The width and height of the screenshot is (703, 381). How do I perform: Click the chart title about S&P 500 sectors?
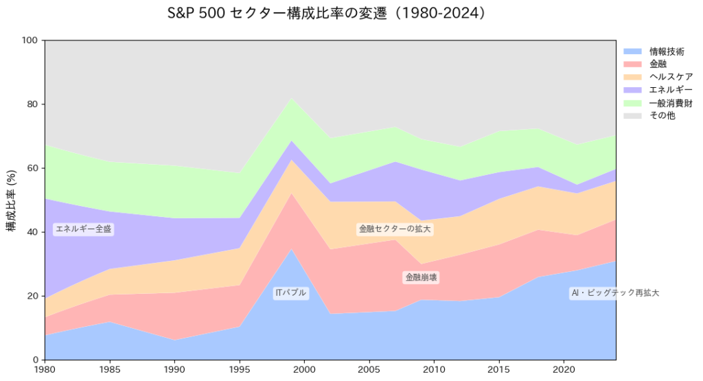pos(330,14)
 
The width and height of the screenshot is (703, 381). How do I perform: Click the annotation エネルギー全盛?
pos(83,229)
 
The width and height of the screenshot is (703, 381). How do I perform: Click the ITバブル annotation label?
pos(290,293)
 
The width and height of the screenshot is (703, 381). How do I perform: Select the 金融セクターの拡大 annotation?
pos(395,229)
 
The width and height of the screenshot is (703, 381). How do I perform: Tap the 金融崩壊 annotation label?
pos(421,277)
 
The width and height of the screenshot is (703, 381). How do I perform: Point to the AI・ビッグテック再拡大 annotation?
pos(614,293)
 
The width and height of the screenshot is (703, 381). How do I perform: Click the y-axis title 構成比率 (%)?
pos(12,200)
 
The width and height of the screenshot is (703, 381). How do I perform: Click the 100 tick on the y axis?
pos(30,41)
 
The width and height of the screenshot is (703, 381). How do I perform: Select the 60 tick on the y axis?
pos(32,168)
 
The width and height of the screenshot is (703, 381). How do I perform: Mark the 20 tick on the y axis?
pos(32,296)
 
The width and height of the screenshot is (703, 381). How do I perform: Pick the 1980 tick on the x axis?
pos(45,370)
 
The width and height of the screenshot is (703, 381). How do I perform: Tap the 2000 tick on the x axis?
pos(304,370)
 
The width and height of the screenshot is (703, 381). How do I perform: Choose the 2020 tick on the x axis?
pos(564,370)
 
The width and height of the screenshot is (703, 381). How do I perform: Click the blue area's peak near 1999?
pos(291,250)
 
